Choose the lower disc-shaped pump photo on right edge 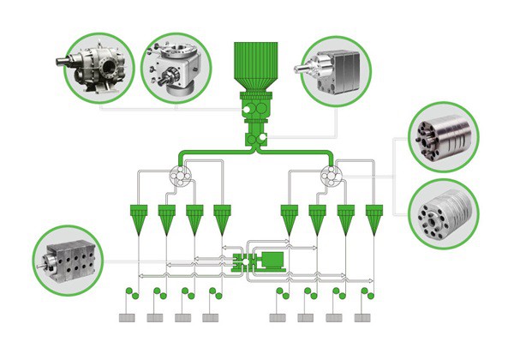(x=444, y=211)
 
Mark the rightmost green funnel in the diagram (x=373, y=218)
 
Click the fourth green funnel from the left (x=222, y=218)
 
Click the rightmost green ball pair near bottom (x=368, y=294)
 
